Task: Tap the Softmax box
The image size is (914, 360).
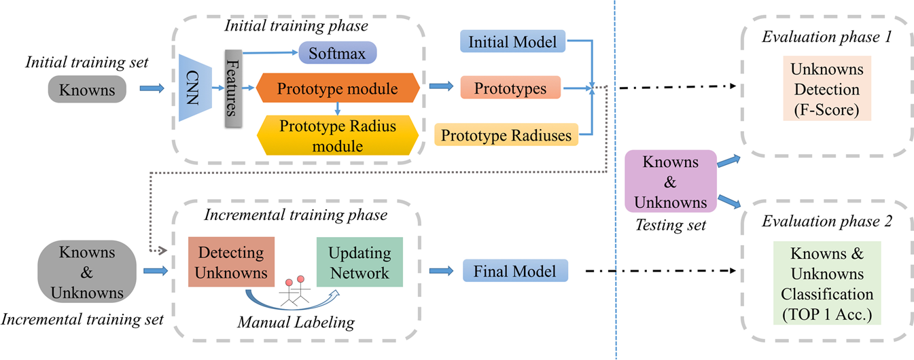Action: coord(337,52)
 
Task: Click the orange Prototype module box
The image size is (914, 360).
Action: coord(338,88)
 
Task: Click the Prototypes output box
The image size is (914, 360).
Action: coord(510,88)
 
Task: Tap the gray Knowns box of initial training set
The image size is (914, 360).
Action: coord(87,89)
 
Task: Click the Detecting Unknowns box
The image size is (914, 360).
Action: coord(231,262)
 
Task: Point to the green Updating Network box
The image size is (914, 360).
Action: coord(359,262)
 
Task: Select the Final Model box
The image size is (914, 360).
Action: coord(514,272)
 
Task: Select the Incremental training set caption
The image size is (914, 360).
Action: coord(83,319)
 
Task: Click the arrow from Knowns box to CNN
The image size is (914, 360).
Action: coord(152,88)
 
